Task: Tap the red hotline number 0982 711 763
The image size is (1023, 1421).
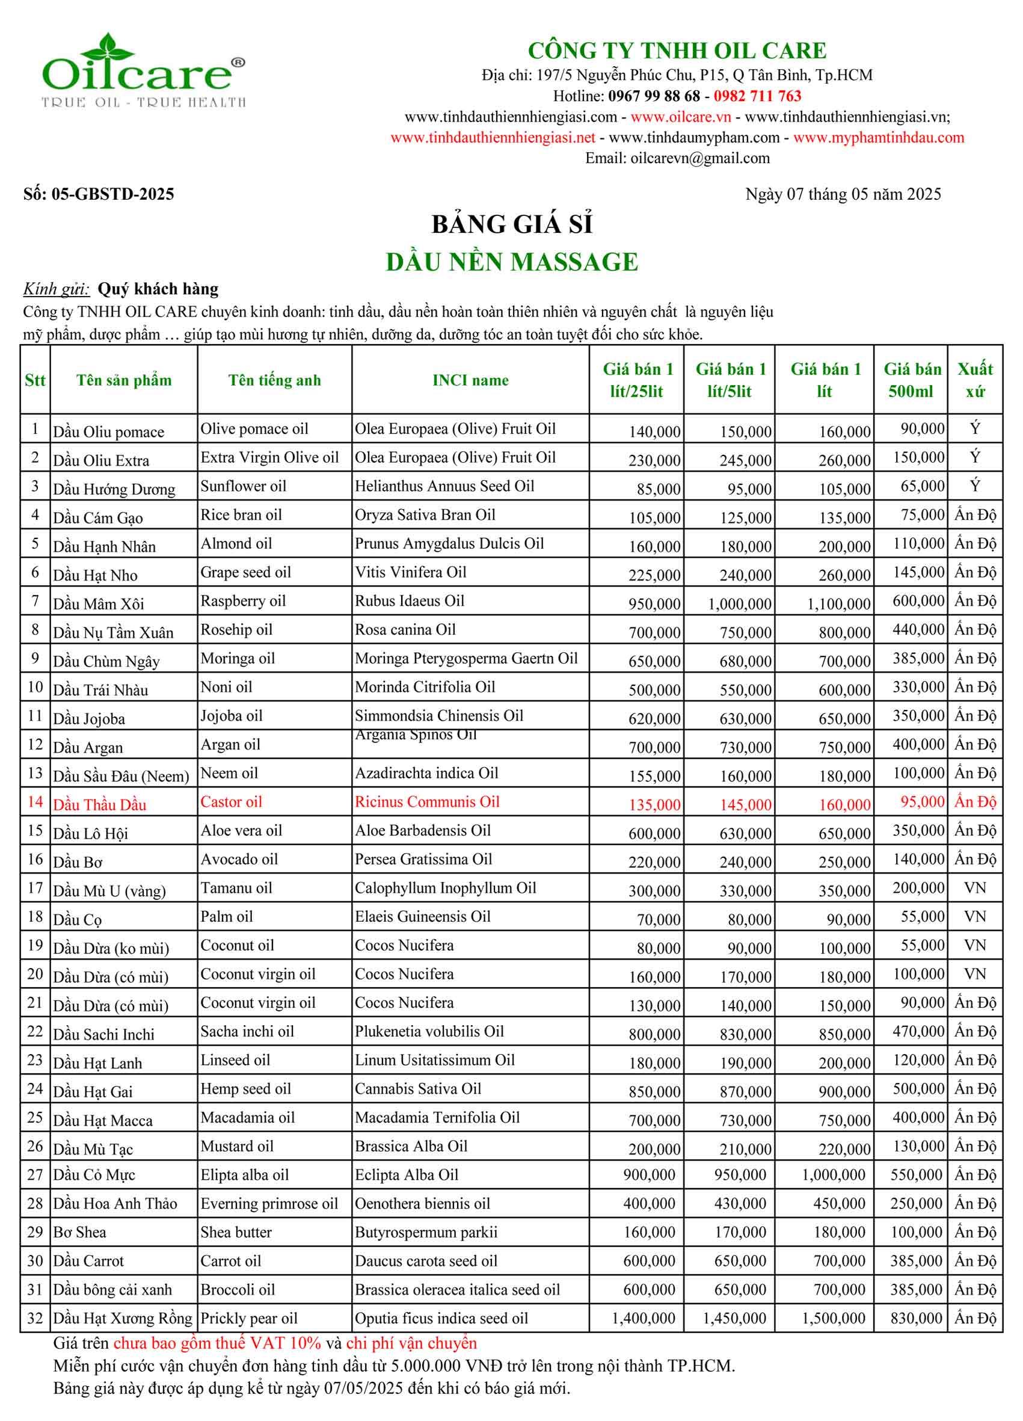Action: click(x=757, y=96)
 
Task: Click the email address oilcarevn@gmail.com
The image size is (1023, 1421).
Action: click(x=700, y=158)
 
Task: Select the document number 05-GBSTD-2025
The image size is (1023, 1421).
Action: click(x=112, y=194)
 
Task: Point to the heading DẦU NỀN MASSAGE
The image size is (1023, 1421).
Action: click(x=511, y=262)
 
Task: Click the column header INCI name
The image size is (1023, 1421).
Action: click(x=470, y=380)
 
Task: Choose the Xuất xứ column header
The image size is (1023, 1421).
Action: click(x=974, y=380)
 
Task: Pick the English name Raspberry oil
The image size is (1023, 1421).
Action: click(x=243, y=601)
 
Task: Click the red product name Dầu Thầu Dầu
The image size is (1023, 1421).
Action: click(x=100, y=804)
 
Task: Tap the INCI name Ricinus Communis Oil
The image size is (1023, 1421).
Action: click(x=426, y=802)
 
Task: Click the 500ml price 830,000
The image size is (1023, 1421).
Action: click(x=915, y=1318)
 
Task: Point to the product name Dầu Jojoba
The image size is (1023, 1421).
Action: click(x=89, y=719)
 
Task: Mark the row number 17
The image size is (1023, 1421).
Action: click(x=35, y=888)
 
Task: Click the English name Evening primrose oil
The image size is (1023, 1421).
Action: click(x=269, y=1204)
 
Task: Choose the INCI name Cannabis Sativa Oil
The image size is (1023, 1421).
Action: click(x=418, y=1089)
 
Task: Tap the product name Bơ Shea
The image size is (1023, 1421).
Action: click(x=79, y=1233)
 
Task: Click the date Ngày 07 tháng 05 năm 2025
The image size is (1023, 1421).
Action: click(x=843, y=194)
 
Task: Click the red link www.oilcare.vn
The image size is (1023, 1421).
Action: click(x=680, y=117)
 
